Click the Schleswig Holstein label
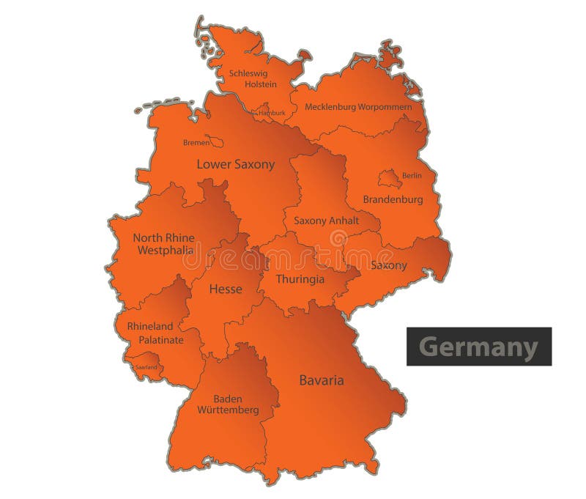[x=248, y=78]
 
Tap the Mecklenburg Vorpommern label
[x=358, y=107]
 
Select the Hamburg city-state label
[x=271, y=114]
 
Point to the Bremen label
[x=196, y=143]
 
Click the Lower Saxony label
[x=235, y=165]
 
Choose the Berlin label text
[x=412, y=176]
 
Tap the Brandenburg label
[x=393, y=199]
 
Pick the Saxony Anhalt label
[x=326, y=221]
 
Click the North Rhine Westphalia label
[x=163, y=244]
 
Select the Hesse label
[x=226, y=289]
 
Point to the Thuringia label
[x=300, y=279]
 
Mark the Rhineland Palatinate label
[x=155, y=333]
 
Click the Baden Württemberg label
[x=228, y=404]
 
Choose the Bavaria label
[x=322, y=380]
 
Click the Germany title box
[x=479, y=346]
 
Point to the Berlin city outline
[x=388, y=178]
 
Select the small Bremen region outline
[x=215, y=141]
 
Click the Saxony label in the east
[x=388, y=265]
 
